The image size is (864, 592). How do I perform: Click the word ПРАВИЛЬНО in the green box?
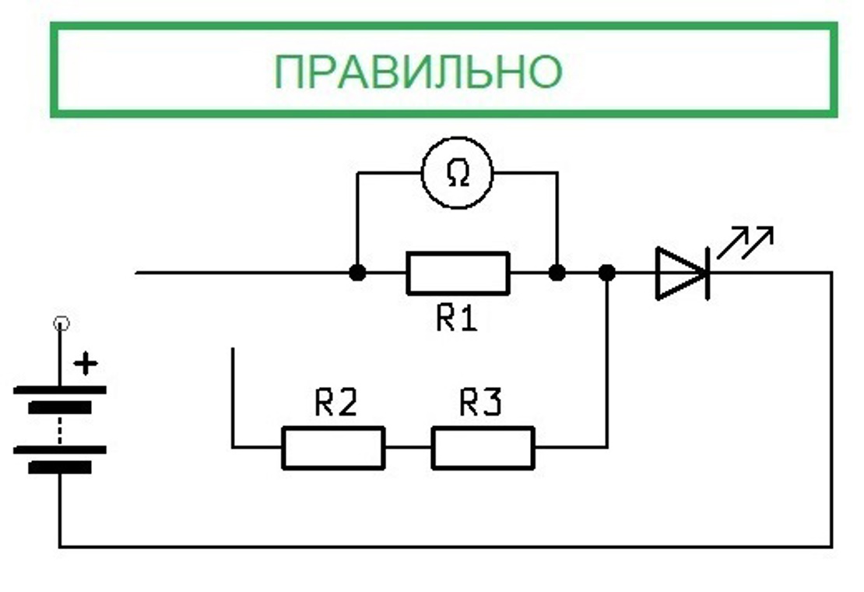pos(417,72)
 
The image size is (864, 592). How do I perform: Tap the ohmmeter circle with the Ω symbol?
pos(458,174)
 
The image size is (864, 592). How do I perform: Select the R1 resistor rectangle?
pos(458,273)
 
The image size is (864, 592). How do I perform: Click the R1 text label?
pos(456,318)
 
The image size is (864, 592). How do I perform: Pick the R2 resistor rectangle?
pos(333,447)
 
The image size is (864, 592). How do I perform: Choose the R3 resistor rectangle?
pos(483,447)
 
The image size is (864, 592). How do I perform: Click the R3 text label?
pos(480,403)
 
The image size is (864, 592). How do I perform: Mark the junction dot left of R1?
pos(357,273)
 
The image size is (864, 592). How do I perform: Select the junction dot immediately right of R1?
pos(557,273)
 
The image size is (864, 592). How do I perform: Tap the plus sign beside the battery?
pos(89,363)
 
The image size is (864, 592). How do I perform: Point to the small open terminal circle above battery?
pos(60,322)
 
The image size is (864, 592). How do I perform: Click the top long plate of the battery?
pos(60,389)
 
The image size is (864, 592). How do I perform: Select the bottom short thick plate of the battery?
pos(60,467)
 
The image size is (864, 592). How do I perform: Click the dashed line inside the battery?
pos(60,428)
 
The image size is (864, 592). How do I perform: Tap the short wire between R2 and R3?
pos(408,447)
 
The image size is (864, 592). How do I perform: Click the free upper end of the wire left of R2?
pos(233,351)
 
